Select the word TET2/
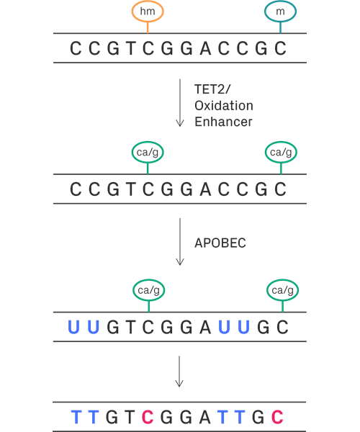coord(212,89)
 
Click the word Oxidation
coord(224,106)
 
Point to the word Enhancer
coord(223,122)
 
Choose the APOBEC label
coord(220,243)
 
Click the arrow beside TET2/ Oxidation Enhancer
coord(180,103)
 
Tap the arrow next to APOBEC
coord(180,242)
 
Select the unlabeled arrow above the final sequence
coord(179,372)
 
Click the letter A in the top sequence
coord(205,48)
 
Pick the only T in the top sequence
coord(131,48)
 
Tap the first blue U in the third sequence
coord(73,327)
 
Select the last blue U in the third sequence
coord(243,327)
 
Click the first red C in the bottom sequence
coord(148,417)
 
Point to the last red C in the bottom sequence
coord(277,417)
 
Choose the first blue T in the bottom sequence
coord(76,417)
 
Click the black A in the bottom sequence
coord(204,417)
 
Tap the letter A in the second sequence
coord(205,189)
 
